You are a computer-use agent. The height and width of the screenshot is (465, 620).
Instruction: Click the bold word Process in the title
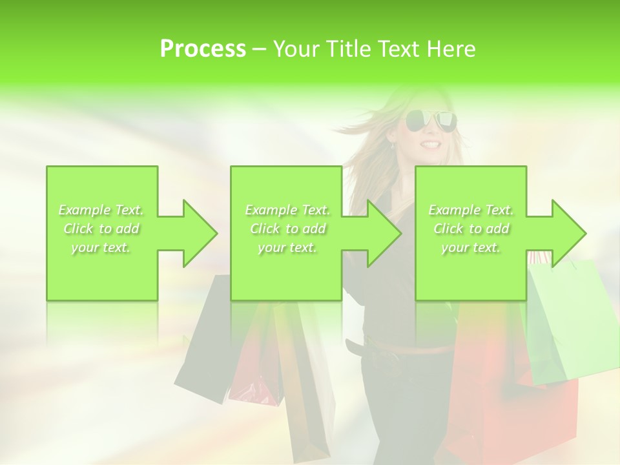click(203, 49)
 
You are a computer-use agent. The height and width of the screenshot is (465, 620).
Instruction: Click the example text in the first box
click(101, 229)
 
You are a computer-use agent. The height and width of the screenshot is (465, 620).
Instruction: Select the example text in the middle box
click(287, 229)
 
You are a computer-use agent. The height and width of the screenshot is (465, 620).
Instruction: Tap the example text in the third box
click(471, 229)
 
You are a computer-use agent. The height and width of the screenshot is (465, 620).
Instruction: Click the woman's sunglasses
click(430, 121)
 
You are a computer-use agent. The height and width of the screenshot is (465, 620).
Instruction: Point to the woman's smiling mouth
click(429, 144)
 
